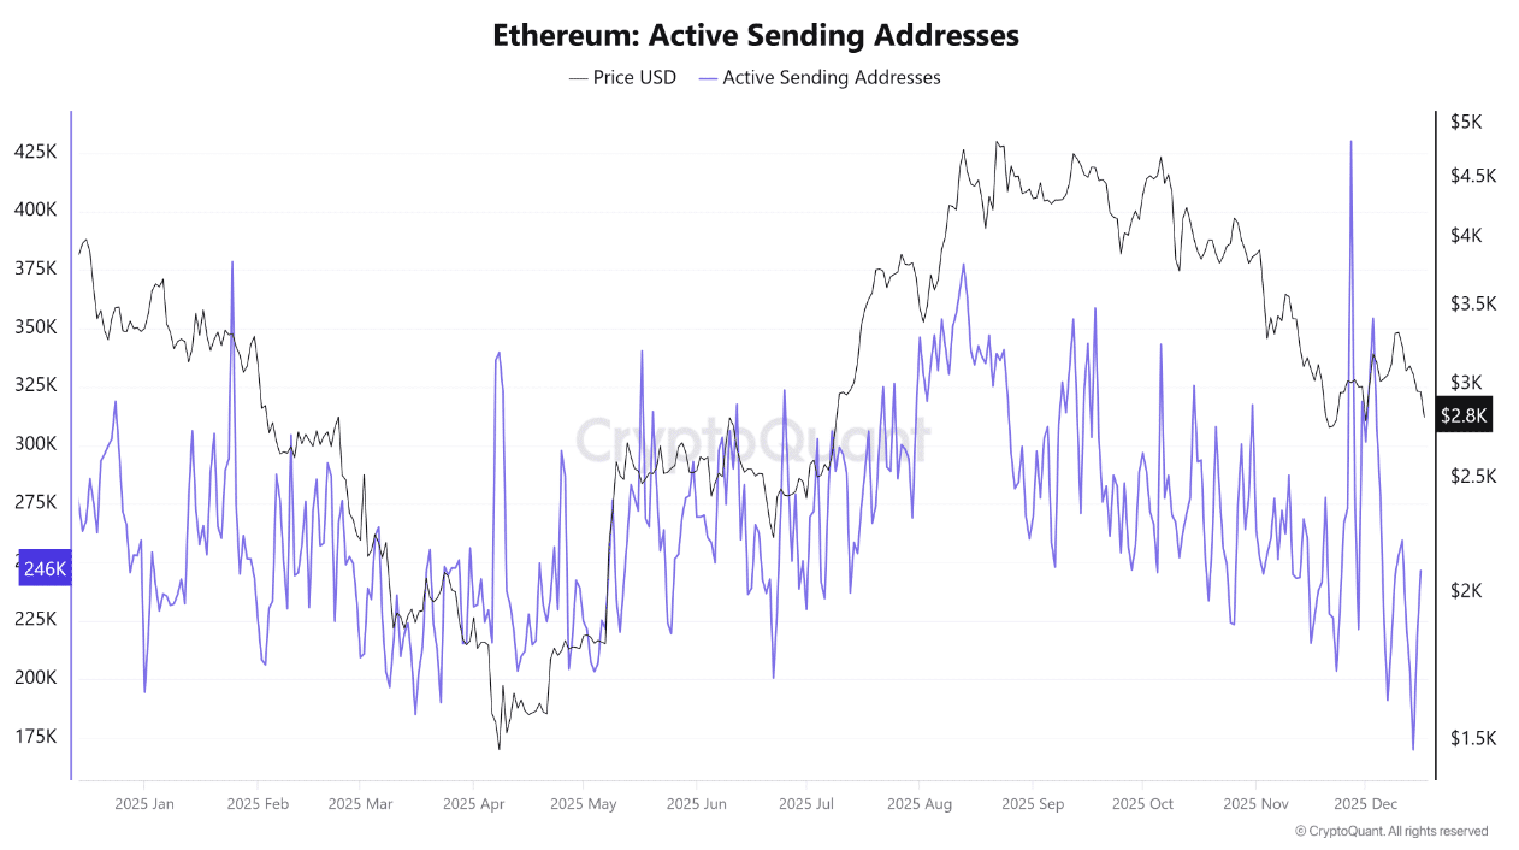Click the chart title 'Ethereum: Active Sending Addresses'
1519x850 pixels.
756,36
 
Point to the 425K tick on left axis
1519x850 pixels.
36,152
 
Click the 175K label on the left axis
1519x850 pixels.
36,736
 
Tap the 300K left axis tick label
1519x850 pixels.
36,444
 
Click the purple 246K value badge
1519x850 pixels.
45,568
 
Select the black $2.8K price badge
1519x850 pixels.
1464,415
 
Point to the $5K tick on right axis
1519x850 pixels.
1466,122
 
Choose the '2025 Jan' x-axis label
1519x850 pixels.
144,804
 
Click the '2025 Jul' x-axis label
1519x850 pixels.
806,804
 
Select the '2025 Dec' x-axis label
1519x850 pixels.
1364,804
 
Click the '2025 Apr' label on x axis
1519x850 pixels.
474,804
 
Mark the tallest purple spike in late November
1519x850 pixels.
1351,142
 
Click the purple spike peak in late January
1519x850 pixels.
232,262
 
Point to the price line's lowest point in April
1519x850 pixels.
500,748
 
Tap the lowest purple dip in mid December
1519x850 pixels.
1413,749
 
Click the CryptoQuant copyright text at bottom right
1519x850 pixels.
1391,831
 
